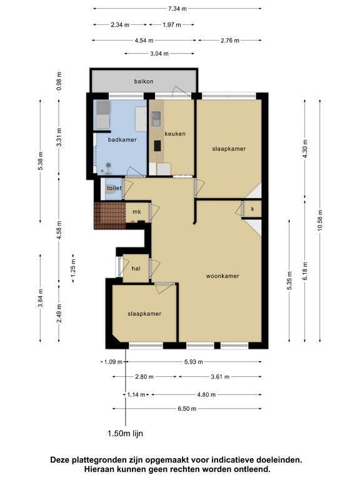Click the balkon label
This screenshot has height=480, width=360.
point(144,81)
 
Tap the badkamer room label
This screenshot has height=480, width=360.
point(122,139)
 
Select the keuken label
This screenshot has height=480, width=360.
point(175,134)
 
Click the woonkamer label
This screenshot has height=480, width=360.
point(222,276)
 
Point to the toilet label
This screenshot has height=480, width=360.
point(114,188)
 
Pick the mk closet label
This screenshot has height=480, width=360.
point(137,212)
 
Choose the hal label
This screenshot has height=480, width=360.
point(136,269)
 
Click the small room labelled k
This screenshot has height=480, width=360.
point(252,209)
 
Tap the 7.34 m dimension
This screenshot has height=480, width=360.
point(177,9)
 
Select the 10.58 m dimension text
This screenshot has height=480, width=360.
point(320,220)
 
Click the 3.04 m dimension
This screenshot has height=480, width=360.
point(159,54)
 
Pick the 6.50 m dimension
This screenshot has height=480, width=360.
point(187,409)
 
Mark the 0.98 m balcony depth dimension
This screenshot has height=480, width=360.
point(59,81)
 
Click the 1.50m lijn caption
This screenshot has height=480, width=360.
point(125,434)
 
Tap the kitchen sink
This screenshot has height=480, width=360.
point(156,119)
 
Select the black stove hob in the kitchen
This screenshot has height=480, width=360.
point(157,146)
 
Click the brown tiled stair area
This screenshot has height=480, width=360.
point(109,216)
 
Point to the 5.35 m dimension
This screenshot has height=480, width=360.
point(289,281)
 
